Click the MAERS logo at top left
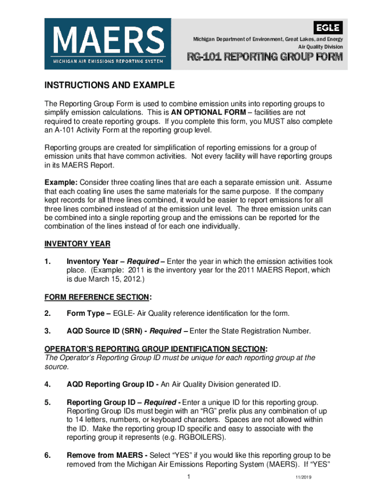(x=108, y=44)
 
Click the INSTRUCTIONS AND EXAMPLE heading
(x=109, y=85)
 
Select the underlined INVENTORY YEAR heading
(x=77, y=244)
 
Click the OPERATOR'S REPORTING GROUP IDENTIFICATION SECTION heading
(x=156, y=349)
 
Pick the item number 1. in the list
(x=48, y=262)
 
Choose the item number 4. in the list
(x=48, y=384)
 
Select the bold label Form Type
(x=87, y=313)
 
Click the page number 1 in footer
(x=189, y=477)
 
